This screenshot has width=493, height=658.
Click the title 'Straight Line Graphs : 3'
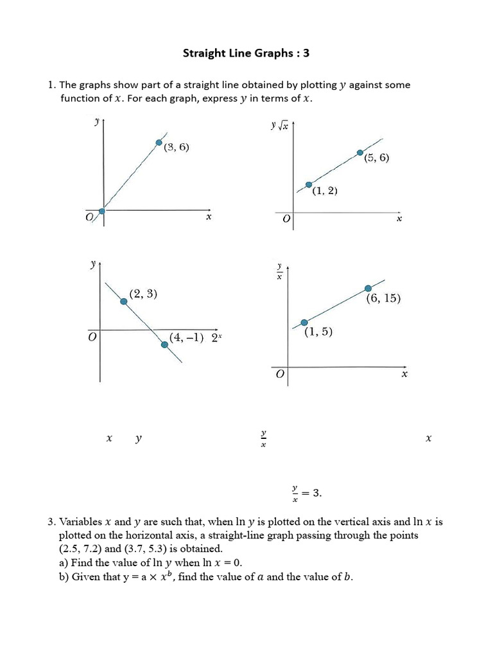[246, 53]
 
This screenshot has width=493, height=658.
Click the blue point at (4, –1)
[165, 344]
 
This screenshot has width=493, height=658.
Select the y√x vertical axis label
[281, 125]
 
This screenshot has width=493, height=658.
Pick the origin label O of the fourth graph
[279, 374]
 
